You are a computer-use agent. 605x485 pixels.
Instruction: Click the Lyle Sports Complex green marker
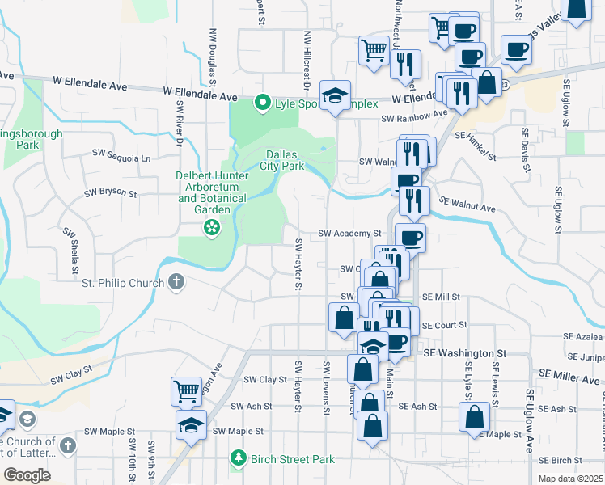click(x=262, y=103)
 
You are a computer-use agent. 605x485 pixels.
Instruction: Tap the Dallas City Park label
click(x=281, y=160)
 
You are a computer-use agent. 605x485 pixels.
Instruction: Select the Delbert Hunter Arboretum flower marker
click(x=212, y=228)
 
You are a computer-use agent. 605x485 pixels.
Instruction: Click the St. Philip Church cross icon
click(x=176, y=283)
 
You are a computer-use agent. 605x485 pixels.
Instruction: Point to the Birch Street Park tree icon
click(x=238, y=459)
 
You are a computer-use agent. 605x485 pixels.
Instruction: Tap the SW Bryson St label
click(x=112, y=193)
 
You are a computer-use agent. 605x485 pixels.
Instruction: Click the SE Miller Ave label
click(x=567, y=376)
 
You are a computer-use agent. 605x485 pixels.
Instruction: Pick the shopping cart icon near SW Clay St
click(x=186, y=391)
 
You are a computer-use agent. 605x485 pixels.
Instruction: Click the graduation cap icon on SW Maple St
click(x=192, y=424)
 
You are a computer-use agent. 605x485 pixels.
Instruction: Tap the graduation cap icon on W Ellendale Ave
click(x=335, y=95)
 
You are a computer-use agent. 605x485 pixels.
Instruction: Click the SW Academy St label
click(x=349, y=233)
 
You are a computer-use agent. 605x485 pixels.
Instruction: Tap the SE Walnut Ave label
click(x=467, y=204)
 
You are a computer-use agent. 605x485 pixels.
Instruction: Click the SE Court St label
click(x=445, y=325)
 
